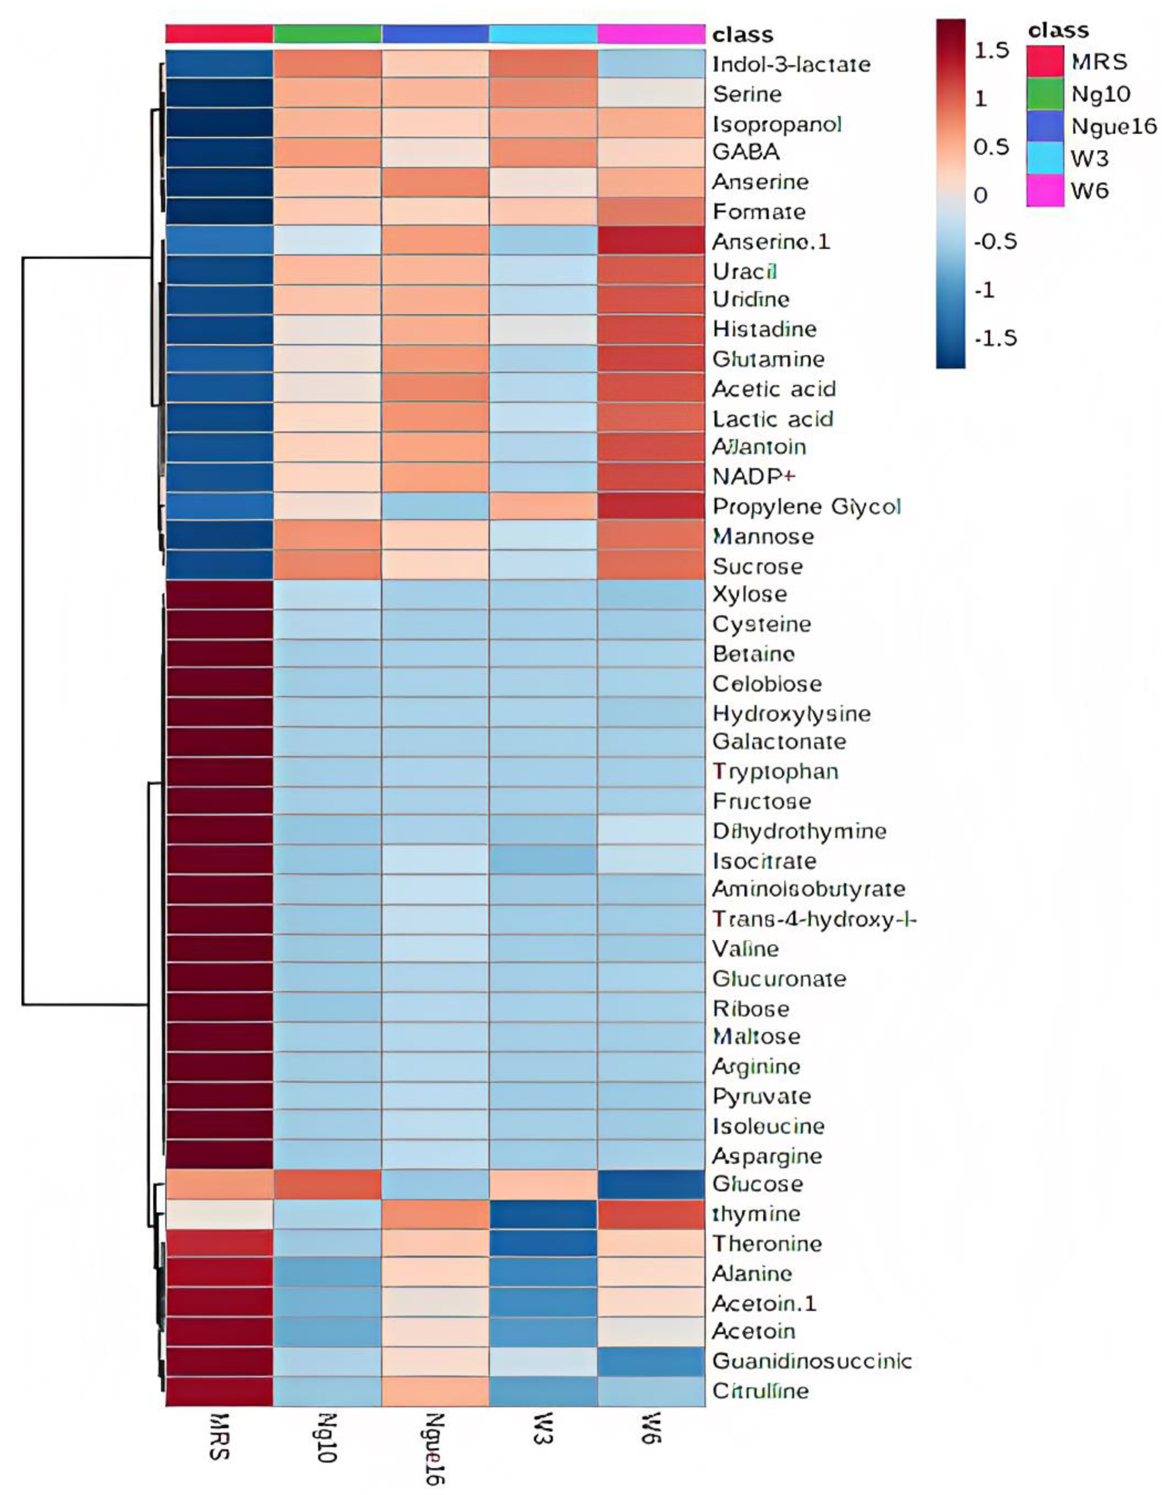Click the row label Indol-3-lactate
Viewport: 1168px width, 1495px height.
tap(791, 64)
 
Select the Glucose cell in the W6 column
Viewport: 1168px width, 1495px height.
tap(651, 1183)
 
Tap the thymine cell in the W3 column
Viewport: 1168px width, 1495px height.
tap(543, 1214)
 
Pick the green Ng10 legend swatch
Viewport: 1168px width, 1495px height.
tap(1045, 94)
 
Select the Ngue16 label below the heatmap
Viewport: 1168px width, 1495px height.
tap(434, 1448)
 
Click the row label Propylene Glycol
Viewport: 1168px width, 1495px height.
tap(807, 507)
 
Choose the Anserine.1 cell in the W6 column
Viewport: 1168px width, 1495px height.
tap(651, 242)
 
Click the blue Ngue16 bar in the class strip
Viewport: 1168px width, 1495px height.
tap(435, 33)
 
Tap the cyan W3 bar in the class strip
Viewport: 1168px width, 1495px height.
tap(543, 33)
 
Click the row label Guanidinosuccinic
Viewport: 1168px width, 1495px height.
tap(812, 1361)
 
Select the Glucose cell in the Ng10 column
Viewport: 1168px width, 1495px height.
tap(327, 1183)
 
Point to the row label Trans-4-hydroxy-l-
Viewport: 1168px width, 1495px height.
tap(814, 919)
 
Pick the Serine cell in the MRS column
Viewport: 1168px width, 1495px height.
tap(219, 94)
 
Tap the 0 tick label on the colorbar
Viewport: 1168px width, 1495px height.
tap(981, 195)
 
